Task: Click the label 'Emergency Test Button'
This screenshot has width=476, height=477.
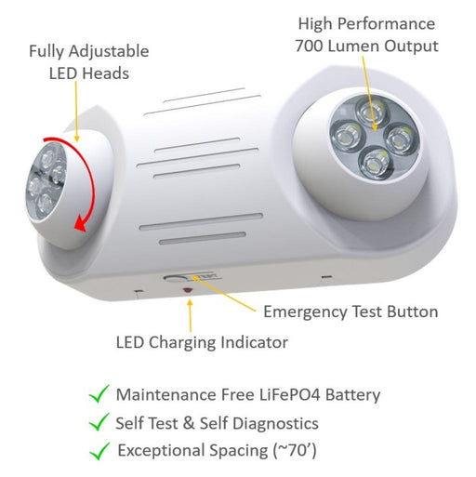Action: (x=350, y=311)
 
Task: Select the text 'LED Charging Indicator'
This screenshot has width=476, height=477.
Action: (x=202, y=342)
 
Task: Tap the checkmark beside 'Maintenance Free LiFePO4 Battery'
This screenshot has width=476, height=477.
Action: (x=99, y=393)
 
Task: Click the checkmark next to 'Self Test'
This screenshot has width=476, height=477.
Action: (x=99, y=422)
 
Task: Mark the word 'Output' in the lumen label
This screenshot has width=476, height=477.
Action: (x=412, y=45)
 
